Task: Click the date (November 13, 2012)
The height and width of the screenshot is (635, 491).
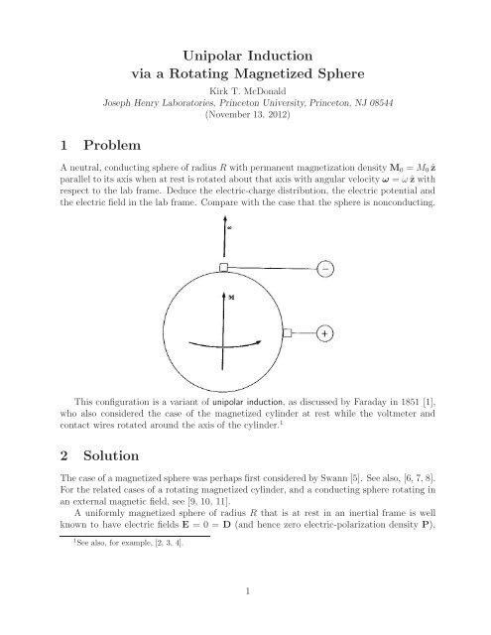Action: tap(244, 115)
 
